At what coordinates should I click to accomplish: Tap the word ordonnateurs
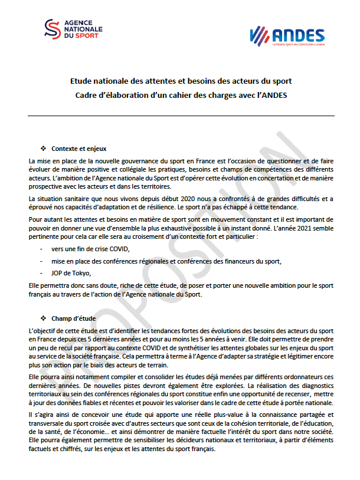[300, 376]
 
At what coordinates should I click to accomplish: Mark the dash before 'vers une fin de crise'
[42, 249]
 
